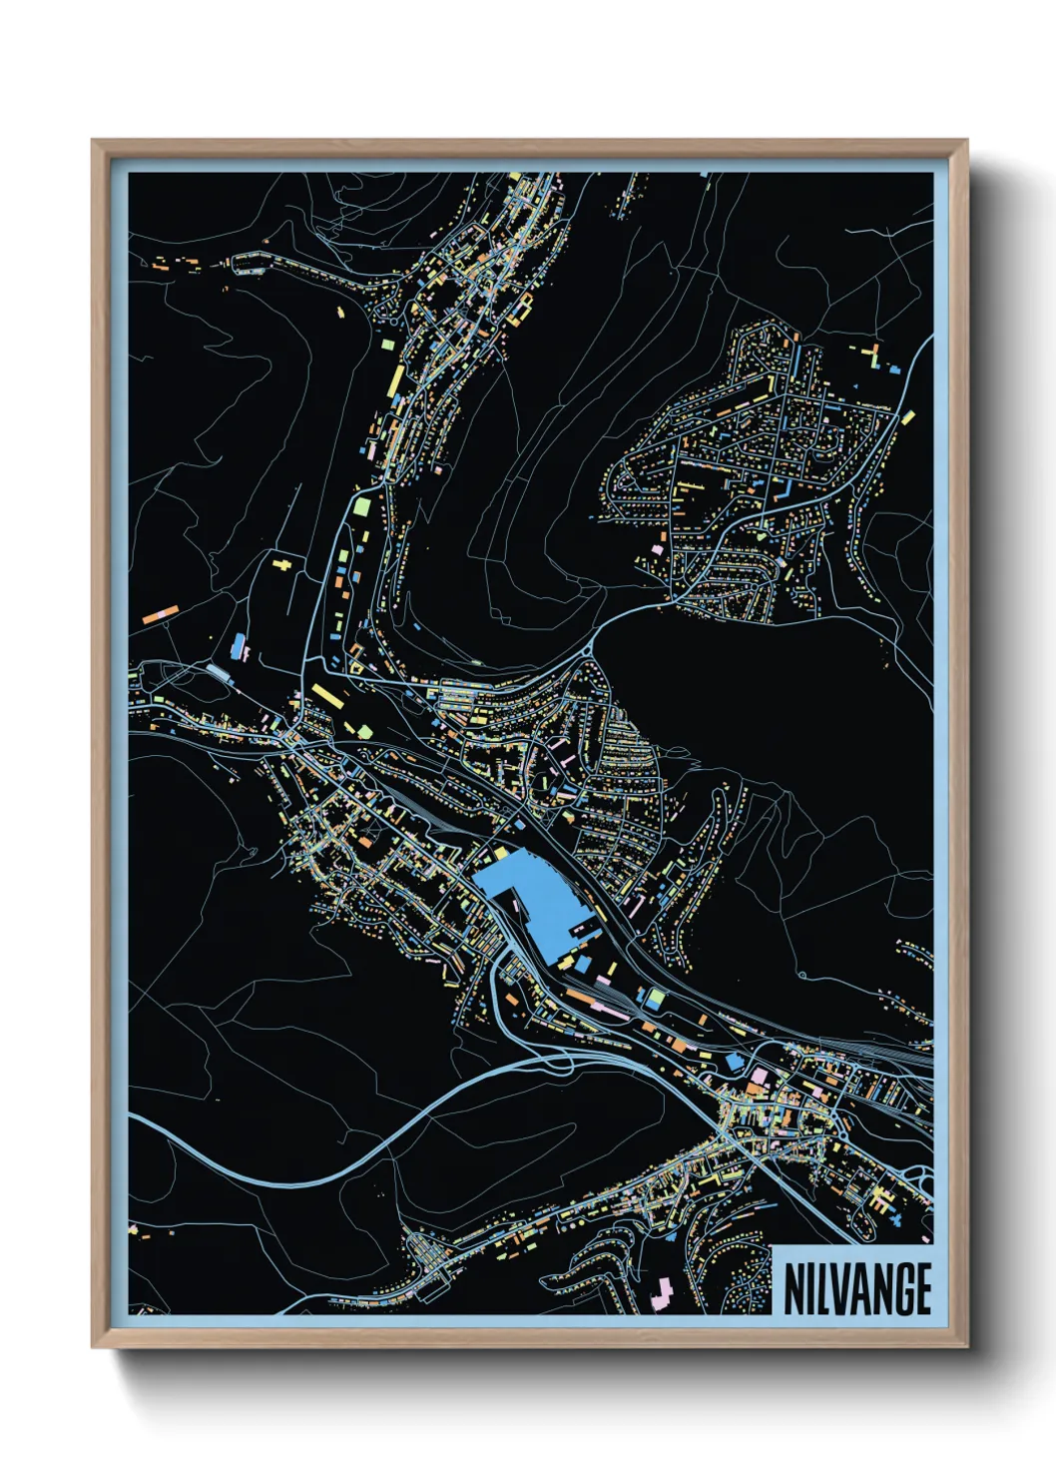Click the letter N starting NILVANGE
(793, 1290)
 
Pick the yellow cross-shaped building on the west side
(284, 565)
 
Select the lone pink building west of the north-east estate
(658, 548)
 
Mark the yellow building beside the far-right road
(909, 415)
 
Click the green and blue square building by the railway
(655, 997)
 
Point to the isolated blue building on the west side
(239, 644)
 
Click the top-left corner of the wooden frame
(94, 142)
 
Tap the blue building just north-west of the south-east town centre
(736, 1060)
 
